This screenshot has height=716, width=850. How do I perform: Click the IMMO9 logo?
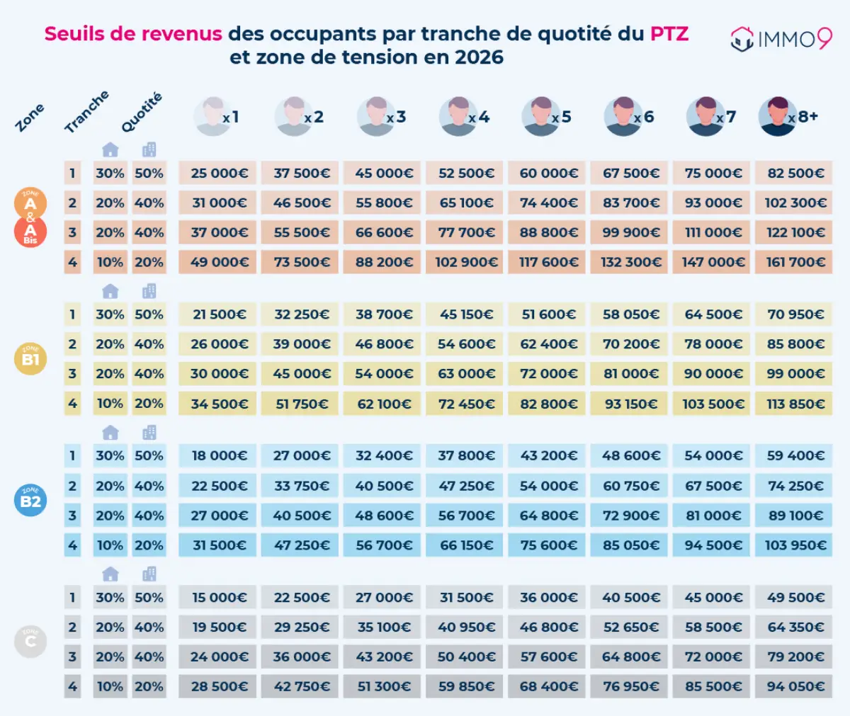tap(781, 38)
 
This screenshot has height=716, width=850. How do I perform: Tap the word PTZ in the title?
tap(669, 33)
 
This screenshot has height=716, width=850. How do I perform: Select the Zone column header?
tap(30, 118)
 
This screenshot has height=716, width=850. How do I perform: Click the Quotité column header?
tap(142, 113)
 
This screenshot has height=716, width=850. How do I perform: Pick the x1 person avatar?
tap(212, 117)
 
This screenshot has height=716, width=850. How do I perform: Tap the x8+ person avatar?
tap(777, 117)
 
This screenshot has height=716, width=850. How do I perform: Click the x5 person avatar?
tap(540, 117)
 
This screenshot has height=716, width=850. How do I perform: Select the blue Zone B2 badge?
tap(30, 501)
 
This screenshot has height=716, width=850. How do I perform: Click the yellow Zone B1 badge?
tap(30, 359)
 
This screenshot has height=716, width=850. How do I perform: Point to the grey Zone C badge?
tap(30, 642)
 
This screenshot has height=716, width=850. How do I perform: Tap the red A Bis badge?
tap(30, 232)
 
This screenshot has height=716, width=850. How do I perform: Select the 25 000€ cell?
tap(218, 173)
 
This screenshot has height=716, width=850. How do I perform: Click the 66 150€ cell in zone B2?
tap(465, 545)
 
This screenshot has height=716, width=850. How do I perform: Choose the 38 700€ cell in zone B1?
tap(383, 314)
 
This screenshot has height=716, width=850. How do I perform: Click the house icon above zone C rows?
tap(110, 574)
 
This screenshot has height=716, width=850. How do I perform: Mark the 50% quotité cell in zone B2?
tap(149, 455)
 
